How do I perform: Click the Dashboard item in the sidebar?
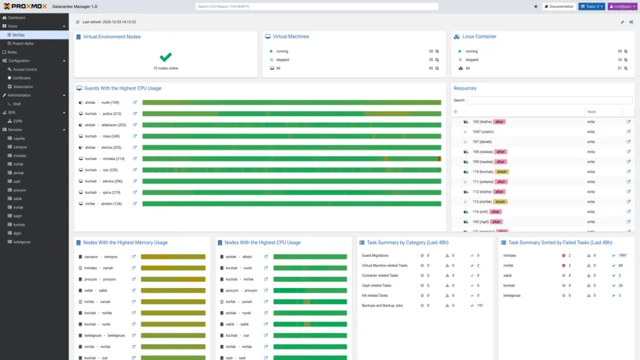click(x=17, y=17)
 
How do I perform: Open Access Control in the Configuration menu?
click(x=25, y=69)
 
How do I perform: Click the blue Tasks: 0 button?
click(x=591, y=6)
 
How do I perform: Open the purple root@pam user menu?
click(x=622, y=6)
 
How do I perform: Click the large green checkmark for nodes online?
click(x=166, y=58)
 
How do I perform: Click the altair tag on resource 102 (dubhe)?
click(x=499, y=122)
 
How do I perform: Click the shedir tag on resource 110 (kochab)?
click(x=502, y=171)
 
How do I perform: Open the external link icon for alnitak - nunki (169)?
click(x=134, y=102)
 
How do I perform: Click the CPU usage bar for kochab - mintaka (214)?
click(x=291, y=158)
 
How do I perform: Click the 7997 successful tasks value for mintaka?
click(x=622, y=256)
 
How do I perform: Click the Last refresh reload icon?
click(x=78, y=22)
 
